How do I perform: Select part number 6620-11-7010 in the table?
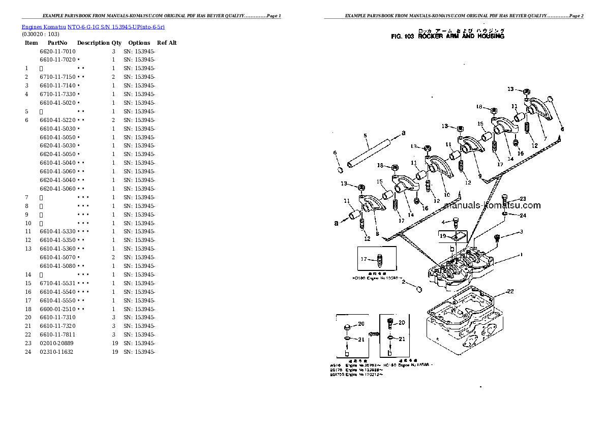[57, 51]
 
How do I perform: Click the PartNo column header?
[58, 43]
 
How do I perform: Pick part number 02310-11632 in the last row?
[56, 352]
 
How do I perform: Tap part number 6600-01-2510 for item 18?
[57, 309]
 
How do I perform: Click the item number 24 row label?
[28, 352]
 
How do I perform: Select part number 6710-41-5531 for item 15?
[57, 283]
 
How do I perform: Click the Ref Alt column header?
[166, 43]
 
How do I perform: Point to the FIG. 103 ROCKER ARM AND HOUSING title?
[447, 37]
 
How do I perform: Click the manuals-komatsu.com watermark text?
[492, 205]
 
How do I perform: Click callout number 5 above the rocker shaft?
[365, 136]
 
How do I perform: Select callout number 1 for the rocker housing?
[520, 255]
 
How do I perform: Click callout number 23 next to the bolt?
[522, 199]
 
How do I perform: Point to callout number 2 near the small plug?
[403, 282]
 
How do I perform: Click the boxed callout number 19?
[443, 236]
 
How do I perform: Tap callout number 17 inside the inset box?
[364, 259]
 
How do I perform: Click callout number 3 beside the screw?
[521, 232]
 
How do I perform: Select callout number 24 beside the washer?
[522, 215]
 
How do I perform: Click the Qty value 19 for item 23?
[114, 343]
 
